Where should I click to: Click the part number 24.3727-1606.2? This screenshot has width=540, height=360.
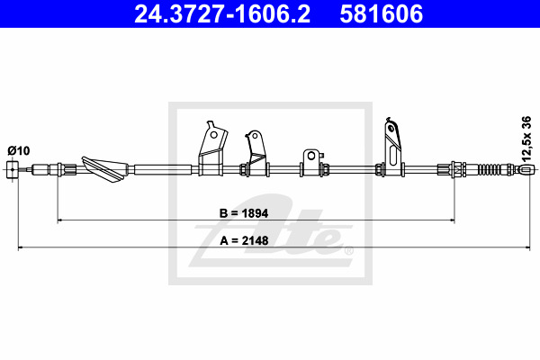click(222, 13)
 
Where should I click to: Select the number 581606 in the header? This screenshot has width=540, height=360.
click(382, 13)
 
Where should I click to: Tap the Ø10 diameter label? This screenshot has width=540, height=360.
click(19, 150)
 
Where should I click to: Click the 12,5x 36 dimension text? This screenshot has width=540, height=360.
click(526, 139)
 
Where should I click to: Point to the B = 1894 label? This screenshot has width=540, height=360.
click(244, 213)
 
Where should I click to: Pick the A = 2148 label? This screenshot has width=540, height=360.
click(244, 240)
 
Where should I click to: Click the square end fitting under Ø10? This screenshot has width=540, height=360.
click(13, 169)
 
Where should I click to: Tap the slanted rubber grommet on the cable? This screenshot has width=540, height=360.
click(105, 169)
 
